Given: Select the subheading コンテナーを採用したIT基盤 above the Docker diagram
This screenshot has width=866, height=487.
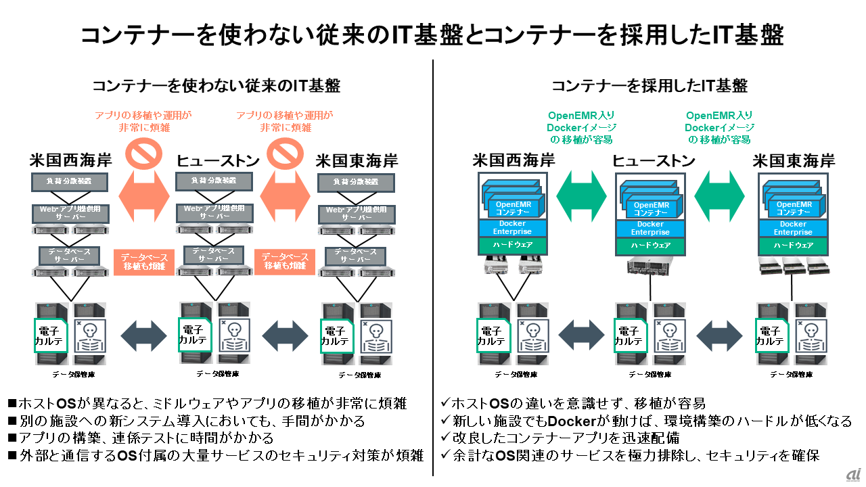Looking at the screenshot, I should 649,86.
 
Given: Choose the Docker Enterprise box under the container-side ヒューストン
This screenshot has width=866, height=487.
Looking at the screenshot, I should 650,228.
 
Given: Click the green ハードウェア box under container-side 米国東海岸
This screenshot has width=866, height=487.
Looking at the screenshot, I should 793,246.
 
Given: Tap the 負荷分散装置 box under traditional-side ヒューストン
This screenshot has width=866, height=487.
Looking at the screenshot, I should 213,181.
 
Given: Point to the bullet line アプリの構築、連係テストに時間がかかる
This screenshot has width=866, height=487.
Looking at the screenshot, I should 141,437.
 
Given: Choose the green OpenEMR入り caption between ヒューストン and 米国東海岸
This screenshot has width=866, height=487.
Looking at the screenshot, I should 719,116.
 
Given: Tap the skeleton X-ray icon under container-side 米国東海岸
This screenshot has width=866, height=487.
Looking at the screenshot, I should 811,335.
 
